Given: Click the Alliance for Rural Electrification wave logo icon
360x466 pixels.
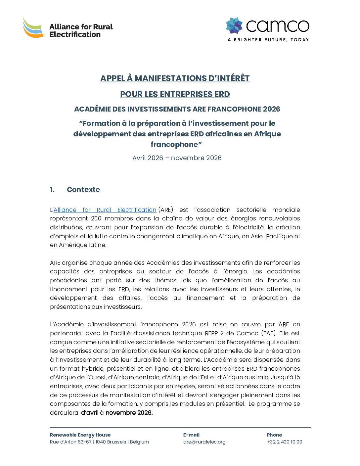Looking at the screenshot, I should point(33,28).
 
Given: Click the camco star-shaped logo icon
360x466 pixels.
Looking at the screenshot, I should point(234,25).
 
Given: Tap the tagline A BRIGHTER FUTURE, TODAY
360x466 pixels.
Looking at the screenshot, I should point(268,40).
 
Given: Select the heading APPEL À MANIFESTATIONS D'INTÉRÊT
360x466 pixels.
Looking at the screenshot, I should point(175,78).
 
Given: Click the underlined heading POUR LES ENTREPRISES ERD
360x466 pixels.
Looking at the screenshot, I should point(175,94).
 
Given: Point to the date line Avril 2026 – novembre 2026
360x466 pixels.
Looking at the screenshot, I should point(177,158).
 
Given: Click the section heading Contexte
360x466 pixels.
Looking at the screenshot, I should point(83,190).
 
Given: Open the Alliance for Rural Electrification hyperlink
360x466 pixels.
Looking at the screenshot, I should point(105,210).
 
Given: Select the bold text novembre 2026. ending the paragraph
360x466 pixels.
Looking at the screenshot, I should point(129,413).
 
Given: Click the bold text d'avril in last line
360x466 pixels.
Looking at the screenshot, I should point(90,413).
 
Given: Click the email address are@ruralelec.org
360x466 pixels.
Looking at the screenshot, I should point(204,442).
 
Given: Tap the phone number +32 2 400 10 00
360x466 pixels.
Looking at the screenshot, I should point(285,442).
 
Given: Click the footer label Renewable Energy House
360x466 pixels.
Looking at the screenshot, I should point(80,435).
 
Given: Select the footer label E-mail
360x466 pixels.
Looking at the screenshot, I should point(191,435).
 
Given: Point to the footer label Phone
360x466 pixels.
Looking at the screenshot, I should point(274,435).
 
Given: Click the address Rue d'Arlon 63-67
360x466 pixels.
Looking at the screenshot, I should point(71,442).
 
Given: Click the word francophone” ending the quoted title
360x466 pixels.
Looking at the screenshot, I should point(176,145).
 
